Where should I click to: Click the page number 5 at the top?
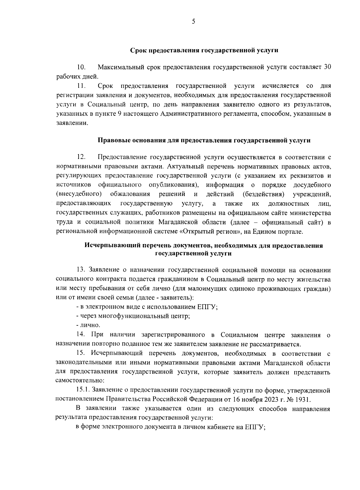pos(193,21)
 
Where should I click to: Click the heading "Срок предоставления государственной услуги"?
pos(204,50)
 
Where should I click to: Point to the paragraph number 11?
pos(81,86)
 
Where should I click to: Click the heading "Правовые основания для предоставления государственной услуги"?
pos(204,140)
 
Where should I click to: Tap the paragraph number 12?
pos(81,157)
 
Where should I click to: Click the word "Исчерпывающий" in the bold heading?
pos(108,246)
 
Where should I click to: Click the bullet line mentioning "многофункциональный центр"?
pos(133,316)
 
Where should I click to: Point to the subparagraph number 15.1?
pos(83,390)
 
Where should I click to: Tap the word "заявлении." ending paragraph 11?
pos(72,123)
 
